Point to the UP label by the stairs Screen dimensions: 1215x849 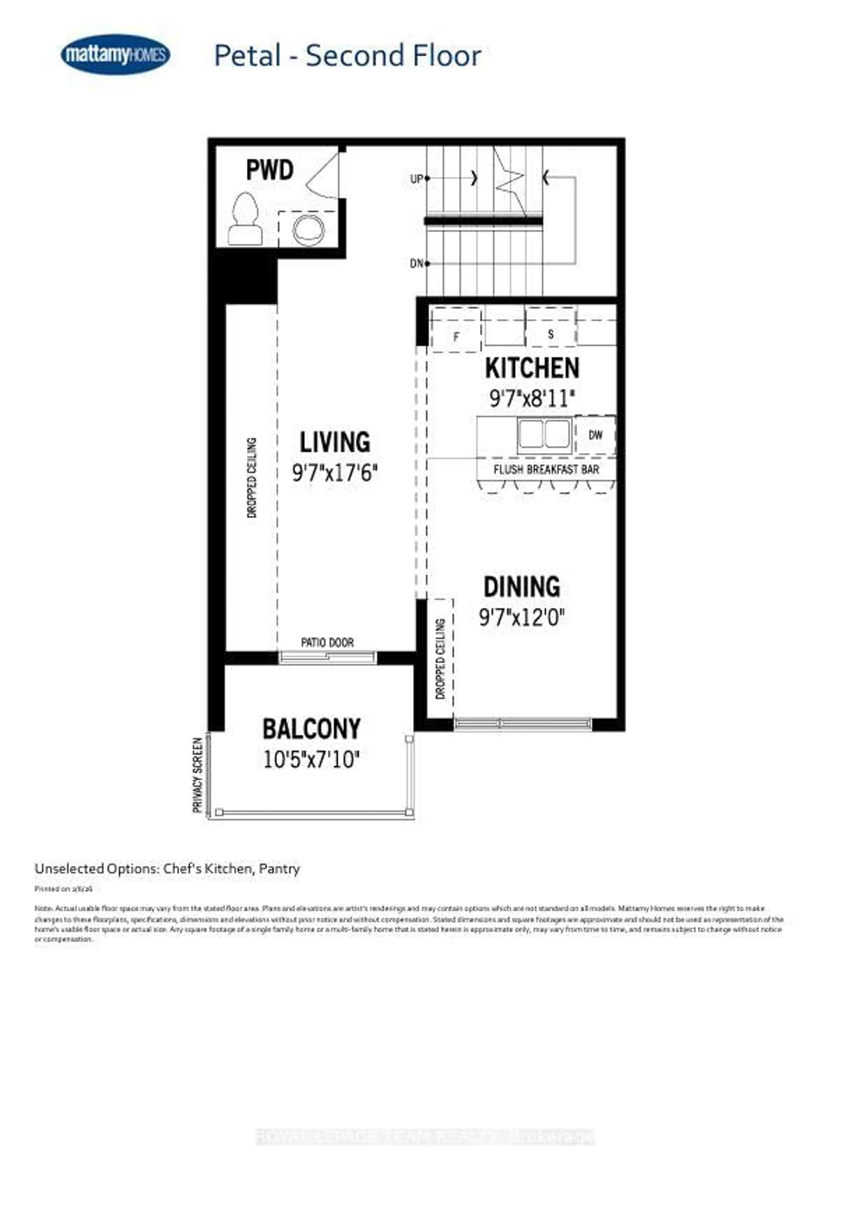click(x=416, y=179)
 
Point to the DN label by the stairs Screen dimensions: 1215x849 click(x=416, y=263)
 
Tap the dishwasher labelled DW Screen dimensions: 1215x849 click(x=595, y=435)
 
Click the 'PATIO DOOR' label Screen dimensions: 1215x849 click(x=327, y=643)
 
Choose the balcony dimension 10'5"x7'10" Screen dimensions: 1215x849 click(x=312, y=760)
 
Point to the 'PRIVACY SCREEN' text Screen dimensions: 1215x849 click(x=198, y=775)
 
